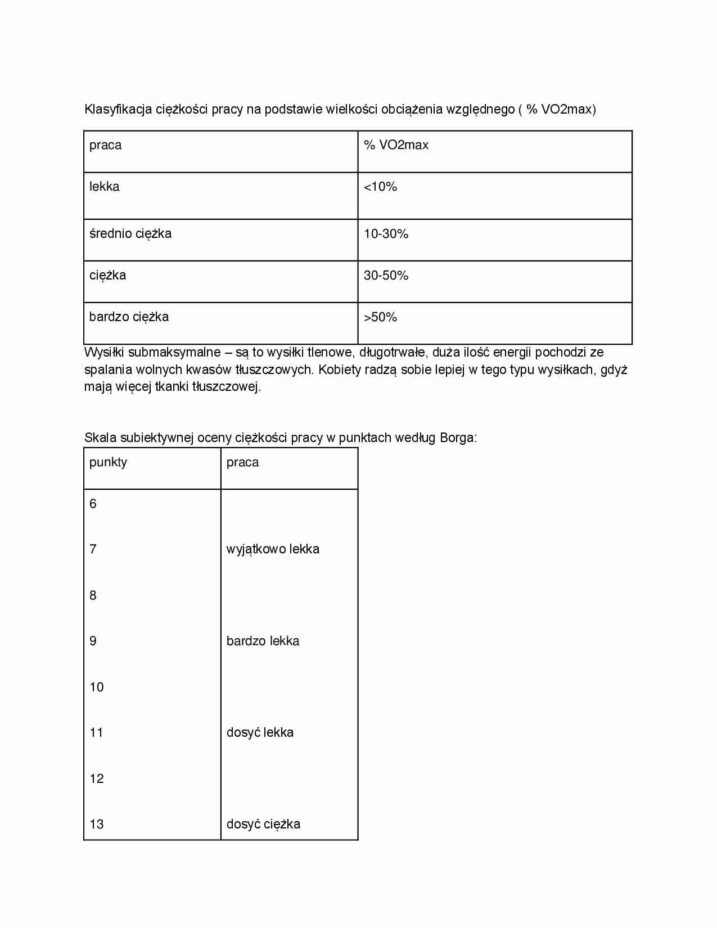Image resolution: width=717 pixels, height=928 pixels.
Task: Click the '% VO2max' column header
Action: [x=396, y=145]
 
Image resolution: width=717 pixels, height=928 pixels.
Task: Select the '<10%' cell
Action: [x=380, y=187]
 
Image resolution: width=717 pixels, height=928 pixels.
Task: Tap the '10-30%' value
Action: [x=386, y=234]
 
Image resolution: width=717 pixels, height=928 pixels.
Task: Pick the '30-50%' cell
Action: [x=386, y=276]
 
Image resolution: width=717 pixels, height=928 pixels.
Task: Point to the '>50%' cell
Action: [x=380, y=317]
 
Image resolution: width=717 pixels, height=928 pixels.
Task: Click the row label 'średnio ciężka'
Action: [x=130, y=234]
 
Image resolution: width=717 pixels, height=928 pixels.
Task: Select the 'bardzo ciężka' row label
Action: [x=129, y=317]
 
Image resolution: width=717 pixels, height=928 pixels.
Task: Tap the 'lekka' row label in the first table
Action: [x=105, y=187]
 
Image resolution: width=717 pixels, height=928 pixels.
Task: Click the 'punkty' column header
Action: [x=108, y=462]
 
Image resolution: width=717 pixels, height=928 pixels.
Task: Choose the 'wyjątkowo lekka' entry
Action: [x=273, y=549]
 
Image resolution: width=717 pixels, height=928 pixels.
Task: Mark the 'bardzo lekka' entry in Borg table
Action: [x=263, y=641]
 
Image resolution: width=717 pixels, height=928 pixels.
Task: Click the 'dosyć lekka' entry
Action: [x=260, y=733]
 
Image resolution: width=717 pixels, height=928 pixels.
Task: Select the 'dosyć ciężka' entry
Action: [x=263, y=825]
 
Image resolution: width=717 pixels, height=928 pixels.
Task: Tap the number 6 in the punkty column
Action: [x=93, y=504]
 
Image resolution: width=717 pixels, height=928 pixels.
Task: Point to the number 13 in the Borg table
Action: [x=97, y=825]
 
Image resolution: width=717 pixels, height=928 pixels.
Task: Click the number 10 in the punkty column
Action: [x=97, y=687]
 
